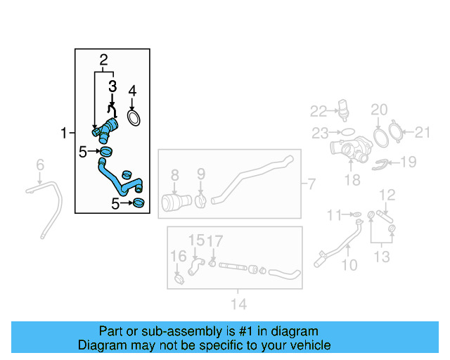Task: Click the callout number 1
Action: tap(63, 133)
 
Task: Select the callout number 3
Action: tap(112, 86)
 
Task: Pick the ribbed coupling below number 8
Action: tap(174, 202)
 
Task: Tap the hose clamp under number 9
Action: tap(200, 201)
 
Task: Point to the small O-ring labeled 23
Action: tap(347, 131)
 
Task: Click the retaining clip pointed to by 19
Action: tap(381, 164)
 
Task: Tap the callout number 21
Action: tap(423, 131)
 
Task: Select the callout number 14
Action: tap(239, 304)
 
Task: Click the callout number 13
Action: tap(381, 257)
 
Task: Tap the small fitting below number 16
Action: tap(179, 281)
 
